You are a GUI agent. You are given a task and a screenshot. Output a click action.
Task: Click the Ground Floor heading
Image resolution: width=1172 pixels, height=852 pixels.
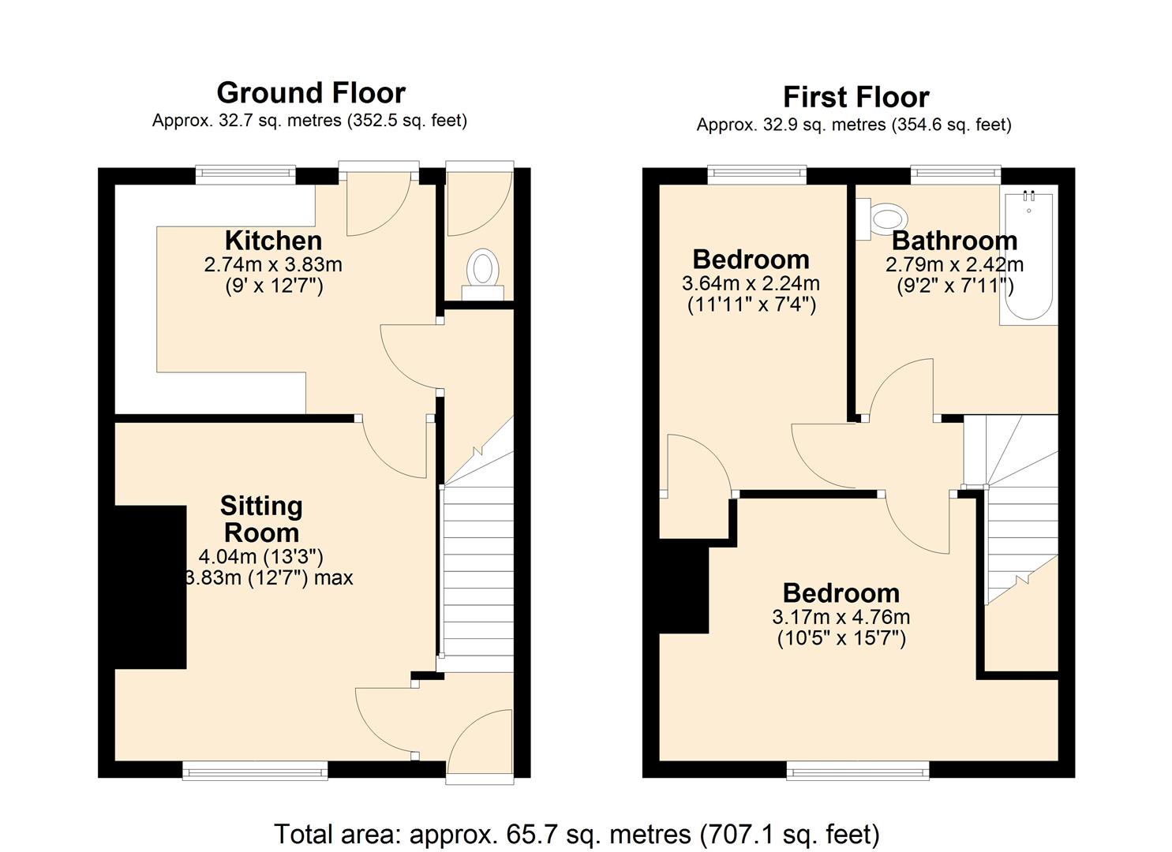click(x=311, y=93)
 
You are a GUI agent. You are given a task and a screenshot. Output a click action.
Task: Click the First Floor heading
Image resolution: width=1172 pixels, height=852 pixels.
click(x=856, y=97)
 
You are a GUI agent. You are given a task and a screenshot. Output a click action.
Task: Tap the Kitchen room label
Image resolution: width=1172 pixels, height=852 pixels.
click(x=273, y=240)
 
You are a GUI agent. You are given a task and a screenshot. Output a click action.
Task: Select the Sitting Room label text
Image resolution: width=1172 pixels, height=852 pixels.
click(x=261, y=519)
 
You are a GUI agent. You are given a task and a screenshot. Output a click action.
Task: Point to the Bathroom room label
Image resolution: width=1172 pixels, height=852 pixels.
click(x=954, y=240)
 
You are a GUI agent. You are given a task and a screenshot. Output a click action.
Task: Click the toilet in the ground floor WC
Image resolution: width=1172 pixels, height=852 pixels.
click(x=482, y=272)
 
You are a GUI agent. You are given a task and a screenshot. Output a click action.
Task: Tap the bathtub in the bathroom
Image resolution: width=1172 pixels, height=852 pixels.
click(x=1029, y=256)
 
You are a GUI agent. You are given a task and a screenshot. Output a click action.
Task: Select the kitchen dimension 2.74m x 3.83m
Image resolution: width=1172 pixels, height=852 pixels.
click(x=273, y=264)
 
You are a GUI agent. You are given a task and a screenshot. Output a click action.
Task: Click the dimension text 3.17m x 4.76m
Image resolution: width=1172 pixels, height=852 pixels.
click(x=841, y=617)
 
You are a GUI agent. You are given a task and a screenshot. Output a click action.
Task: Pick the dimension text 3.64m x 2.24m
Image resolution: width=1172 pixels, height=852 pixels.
click(x=751, y=283)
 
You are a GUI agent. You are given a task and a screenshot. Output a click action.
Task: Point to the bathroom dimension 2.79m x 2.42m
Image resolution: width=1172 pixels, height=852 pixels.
click(x=954, y=264)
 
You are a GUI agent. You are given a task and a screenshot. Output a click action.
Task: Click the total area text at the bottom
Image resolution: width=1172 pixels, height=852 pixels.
click(x=576, y=834)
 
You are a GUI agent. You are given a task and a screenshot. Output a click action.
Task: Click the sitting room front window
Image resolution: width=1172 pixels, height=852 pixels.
click(x=255, y=770)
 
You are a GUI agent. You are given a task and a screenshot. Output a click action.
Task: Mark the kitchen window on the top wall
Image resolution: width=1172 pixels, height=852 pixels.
click(x=245, y=175)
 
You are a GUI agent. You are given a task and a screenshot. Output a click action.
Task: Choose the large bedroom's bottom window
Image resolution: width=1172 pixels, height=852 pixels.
click(x=858, y=770)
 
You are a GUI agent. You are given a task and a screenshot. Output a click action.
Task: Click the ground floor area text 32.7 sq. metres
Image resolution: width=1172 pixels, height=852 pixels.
click(x=309, y=121)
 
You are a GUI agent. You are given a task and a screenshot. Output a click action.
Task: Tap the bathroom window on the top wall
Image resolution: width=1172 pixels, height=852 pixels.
click(x=955, y=175)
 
